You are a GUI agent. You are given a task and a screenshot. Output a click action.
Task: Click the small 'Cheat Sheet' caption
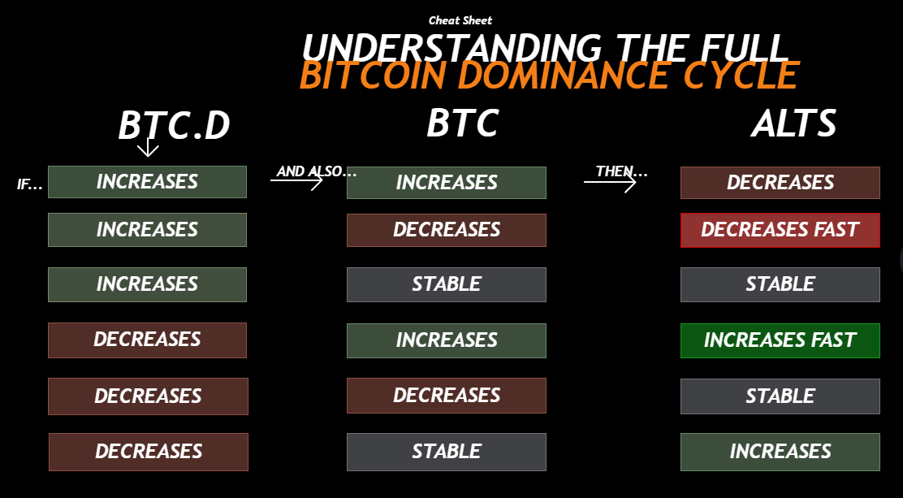click(460, 21)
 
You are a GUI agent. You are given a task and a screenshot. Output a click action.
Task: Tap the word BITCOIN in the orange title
click(373, 76)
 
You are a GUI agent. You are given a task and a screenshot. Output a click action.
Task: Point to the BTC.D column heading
click(174, 126)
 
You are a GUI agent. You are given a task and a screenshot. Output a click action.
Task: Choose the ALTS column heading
click(793, 123)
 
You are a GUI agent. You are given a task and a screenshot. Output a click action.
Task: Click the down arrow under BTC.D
click(148, 147)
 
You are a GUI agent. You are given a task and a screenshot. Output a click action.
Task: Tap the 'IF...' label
click(30, 184)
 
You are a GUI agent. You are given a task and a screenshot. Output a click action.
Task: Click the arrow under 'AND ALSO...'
click(296, 181)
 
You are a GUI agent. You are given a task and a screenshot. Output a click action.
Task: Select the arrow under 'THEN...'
click(610, 182)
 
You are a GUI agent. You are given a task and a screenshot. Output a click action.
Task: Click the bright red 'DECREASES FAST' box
click(780, 230)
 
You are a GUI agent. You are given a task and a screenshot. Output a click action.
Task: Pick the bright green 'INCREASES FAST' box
click(780, 340)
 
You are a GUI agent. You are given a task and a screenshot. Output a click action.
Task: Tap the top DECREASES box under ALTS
click(780, 183)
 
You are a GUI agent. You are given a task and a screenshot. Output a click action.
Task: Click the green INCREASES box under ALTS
click(780, 452)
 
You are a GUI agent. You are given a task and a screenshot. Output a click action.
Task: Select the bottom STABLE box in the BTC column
click(447, 452)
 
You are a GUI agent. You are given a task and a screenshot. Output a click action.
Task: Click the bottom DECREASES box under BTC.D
click(149, 452)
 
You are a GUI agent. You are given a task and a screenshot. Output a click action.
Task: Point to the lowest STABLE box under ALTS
click(780, 396)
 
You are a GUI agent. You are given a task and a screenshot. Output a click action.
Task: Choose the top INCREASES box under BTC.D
click(148, 182)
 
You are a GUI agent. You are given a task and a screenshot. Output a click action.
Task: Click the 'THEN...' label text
click(622, 171)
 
